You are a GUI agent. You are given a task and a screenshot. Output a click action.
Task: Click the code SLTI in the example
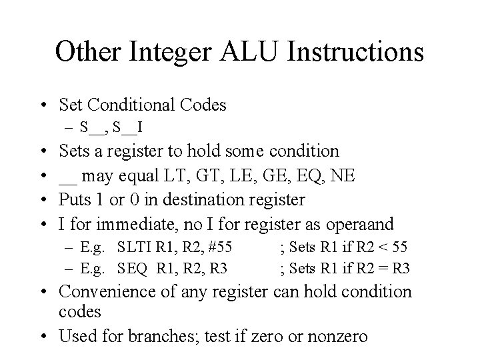[x=134, y=248]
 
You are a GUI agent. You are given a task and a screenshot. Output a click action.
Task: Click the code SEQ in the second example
[x=133, y=268]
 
